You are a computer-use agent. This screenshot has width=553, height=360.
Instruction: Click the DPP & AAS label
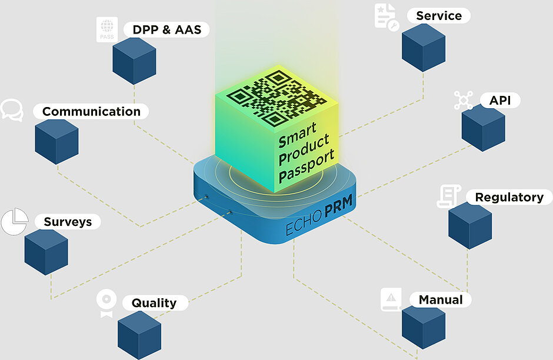click(x=166, y=29)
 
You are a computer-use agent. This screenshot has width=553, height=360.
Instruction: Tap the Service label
click(x=438, y=16)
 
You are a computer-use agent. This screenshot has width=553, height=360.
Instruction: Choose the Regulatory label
click(x=509, y=197)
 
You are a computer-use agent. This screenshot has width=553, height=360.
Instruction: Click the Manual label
click(x=440, y=300)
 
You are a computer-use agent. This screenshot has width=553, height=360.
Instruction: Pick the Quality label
click(x=154, y=303)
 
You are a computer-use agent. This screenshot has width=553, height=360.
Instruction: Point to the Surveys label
click(x=67, y=222)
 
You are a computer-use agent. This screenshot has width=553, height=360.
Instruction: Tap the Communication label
click(x=91, y=111)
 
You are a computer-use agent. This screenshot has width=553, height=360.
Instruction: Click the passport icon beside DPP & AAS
click(x=107, y=29)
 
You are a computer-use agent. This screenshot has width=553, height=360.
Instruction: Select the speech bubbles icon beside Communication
click(x=11, y=110)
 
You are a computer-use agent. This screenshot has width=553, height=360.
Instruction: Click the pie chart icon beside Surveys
click(x=15, y=222)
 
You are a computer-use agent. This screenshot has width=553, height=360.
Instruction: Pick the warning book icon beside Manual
click(x=391, y=300)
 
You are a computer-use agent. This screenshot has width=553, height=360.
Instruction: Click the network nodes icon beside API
click(x=464, y=101)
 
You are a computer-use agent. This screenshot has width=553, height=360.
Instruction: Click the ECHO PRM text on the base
click(x=315, y=219)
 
